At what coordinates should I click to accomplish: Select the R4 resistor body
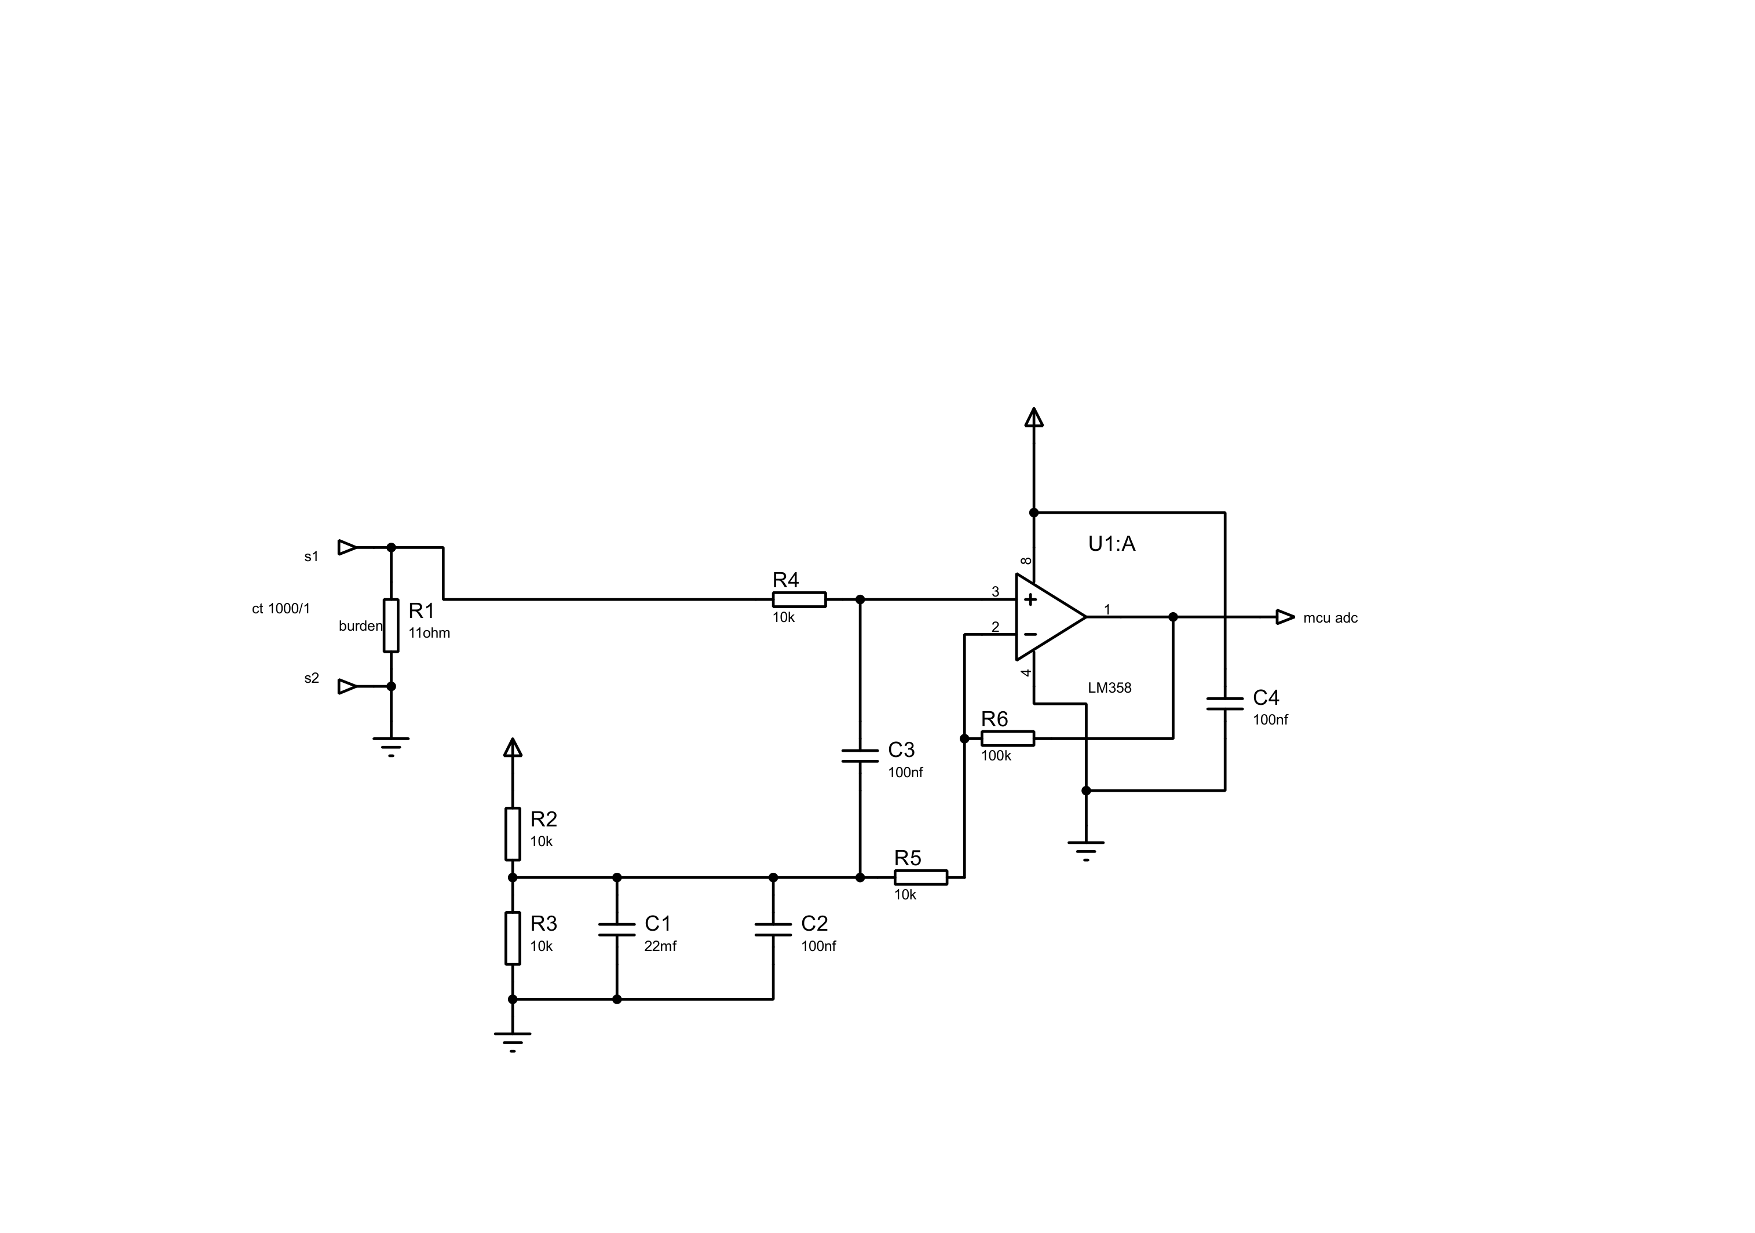click(x=799, y=599)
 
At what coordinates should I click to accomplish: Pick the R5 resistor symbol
click(x=920, y=877)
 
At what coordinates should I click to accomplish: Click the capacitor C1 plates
click(x=617, y=930)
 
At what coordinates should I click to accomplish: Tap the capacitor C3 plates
click(x=860, y=756)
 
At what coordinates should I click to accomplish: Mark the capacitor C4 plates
click(x=1224, y=703)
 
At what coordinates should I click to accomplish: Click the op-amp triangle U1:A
click(x=1050, y=617)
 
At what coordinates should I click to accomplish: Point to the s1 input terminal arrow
click(x=347, y=547)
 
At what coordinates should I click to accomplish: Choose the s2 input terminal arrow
click(x=347, y=686)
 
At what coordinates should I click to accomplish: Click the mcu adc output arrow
click(x=1285, y=617)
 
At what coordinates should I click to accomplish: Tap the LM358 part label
click(x=1109, y=688)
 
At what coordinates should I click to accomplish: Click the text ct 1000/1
click(x=281, y=609)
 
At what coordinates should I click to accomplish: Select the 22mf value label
click(x=660, y=946)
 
